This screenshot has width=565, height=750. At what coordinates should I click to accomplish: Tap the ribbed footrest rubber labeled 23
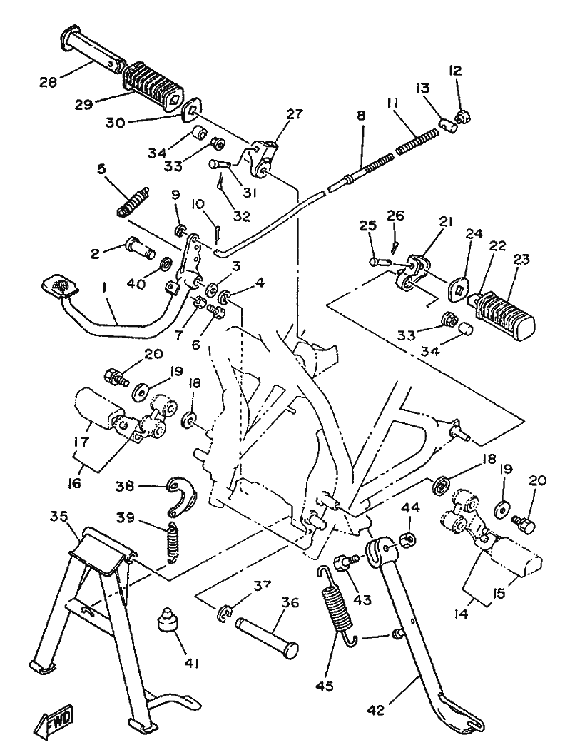[505, 313]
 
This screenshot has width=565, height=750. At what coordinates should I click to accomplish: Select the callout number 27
[294, 116]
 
